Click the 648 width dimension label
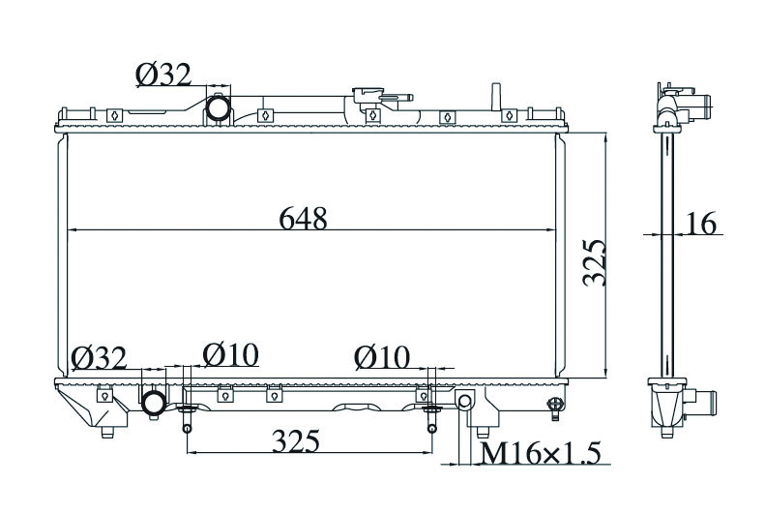pos(303,218)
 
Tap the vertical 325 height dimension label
pos(594,262)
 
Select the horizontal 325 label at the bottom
pos(296,441)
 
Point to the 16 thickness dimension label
pos(701,223)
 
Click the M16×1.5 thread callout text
pos(540,453)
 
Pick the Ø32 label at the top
pos(162,76)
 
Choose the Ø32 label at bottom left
pos(99,358)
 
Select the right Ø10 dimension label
pos(382,357)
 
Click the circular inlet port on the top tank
pos(218,107)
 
